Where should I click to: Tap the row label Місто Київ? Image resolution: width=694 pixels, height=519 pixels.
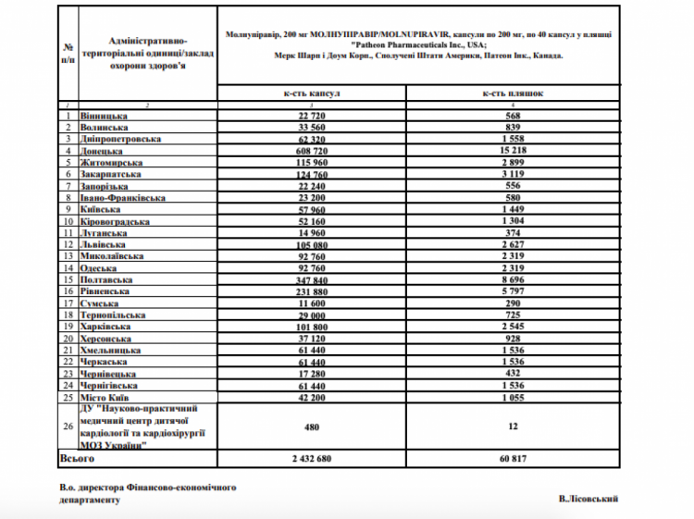[x=106, y=397]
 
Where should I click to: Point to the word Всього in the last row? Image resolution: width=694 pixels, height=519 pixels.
[x=76, y=458]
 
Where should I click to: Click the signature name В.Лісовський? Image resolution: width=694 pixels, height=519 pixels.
[x=589, y=499]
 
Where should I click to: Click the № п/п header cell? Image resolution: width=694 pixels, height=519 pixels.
[x=68, y=53]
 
